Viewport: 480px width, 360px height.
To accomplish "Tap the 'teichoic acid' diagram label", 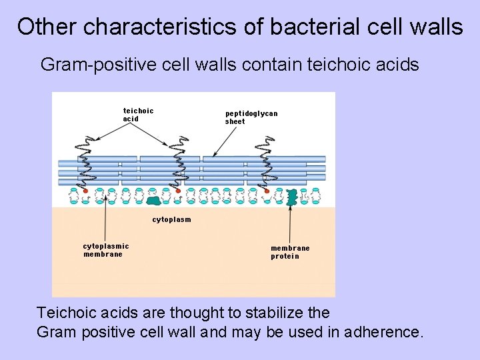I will click(138, 115).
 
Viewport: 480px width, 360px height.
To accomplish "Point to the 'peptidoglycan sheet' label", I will click(251, 117).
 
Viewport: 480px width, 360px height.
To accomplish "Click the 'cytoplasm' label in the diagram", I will click(171, 219).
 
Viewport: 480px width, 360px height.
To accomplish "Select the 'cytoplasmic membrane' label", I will click(106, 250).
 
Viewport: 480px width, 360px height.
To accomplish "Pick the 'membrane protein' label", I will click(290, 252).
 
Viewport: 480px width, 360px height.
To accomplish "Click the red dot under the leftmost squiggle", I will click(86, 191).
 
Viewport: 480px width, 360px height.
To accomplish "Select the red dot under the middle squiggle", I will click(178, 191).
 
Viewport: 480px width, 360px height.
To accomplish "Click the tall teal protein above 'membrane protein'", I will click(291, 197).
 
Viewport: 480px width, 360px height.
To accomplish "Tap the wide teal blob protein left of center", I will click(154, 199).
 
